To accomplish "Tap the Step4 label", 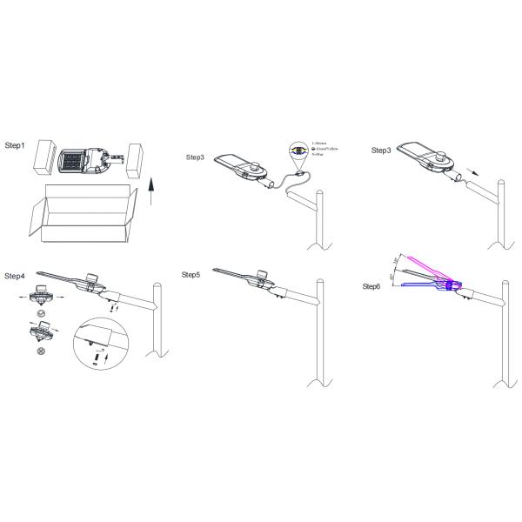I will [16, 276].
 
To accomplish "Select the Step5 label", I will [191, 275].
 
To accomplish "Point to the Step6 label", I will [371, 286].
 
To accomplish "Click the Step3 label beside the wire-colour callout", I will [196, 157].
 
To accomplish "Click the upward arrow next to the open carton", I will [154, 189].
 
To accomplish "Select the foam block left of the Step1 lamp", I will [49, 161].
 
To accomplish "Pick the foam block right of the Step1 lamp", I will [135, 161].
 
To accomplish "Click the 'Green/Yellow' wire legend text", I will [325, 150].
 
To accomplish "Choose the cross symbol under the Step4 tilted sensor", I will [40, 351].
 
